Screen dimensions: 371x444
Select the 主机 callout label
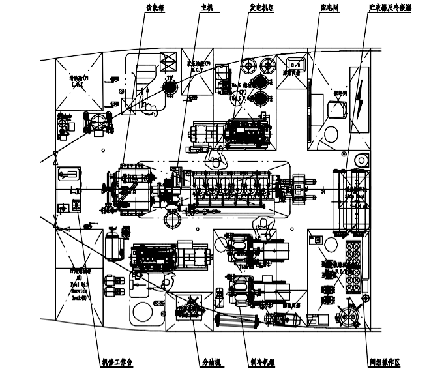(206, 8)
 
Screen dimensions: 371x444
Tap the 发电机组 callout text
(261, 8)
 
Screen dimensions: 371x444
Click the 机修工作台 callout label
(115, 361)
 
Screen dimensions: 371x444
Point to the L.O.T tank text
(79, 82)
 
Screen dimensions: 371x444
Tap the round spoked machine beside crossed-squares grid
(353, 311)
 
